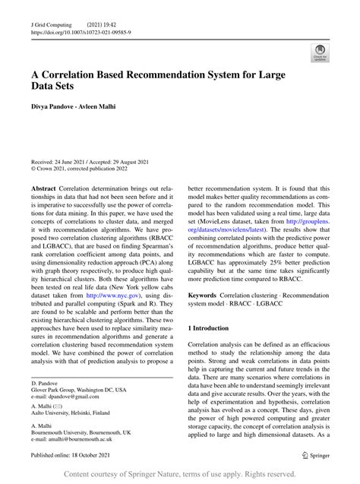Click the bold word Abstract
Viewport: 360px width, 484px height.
[x=43, y=187]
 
